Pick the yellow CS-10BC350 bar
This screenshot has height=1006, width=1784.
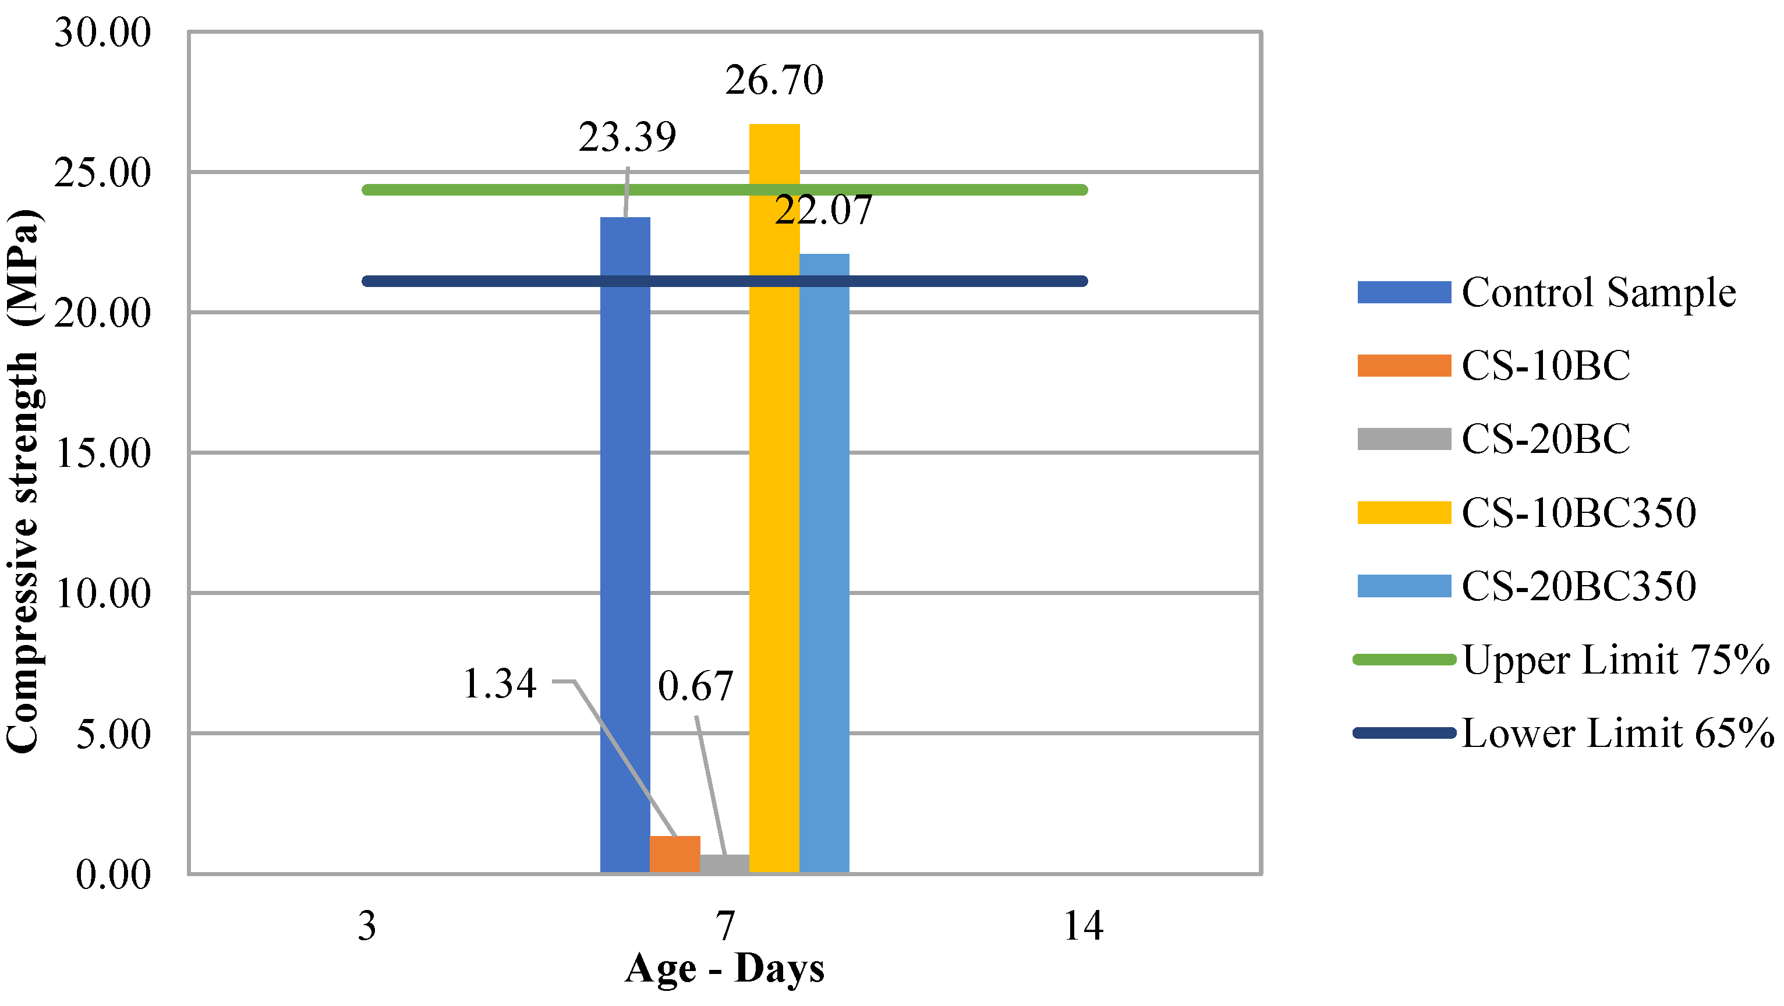tap(774, 498)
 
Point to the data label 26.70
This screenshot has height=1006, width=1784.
tap(774, 80)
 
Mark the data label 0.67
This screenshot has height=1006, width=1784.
tap(695, 686)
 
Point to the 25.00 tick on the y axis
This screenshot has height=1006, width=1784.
tap(102, 172)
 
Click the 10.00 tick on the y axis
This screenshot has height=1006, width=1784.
tap(102, 593)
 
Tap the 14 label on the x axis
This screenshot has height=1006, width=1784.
tap(1082, 926)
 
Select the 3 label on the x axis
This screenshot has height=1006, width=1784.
tap(366, 926)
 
